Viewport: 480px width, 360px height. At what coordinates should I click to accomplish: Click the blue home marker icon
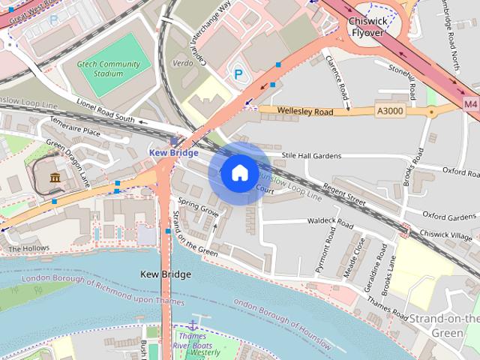coord(239,173)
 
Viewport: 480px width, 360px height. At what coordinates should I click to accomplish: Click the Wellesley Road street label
coord(304,111)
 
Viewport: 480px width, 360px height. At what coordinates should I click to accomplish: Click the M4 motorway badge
coord(470,103)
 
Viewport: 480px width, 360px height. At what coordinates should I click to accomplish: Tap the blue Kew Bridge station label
coord(173,152)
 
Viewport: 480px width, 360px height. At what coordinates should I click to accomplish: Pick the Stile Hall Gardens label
coord(311,156)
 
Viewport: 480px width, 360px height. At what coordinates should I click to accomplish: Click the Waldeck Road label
coord(330,222)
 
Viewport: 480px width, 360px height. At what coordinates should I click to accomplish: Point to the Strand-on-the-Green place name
coord(443,325)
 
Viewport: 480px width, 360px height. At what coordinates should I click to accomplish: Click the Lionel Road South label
coord(105,110)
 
